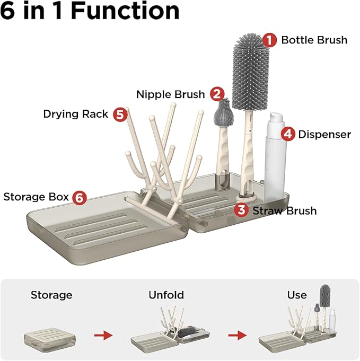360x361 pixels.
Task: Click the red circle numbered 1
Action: click(x=270, y=40)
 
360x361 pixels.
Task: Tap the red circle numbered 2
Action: click(x=216, y=94)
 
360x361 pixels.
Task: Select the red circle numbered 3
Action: click(x=241, y=210)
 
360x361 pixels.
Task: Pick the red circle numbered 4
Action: click(x=288, y=134)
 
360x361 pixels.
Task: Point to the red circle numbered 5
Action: click(x=120, y=114)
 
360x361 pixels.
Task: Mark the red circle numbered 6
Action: click(x=80, y=197)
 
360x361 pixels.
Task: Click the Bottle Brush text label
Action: click(x=314, y=40)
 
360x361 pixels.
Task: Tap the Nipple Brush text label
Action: click(x=170, y=94)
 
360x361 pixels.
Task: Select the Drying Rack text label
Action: click(x=76, y=114)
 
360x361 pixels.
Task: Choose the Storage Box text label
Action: click(x=36, y=197)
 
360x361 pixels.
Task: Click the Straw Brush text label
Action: click(x=284, y=210)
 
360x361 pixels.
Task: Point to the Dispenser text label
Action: click(x=324, y=134)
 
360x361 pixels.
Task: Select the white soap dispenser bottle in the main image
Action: click(x=275, y=154)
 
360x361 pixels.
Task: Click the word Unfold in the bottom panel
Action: click(x=165, y=295)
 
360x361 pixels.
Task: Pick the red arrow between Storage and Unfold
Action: click(x=103, y=335)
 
